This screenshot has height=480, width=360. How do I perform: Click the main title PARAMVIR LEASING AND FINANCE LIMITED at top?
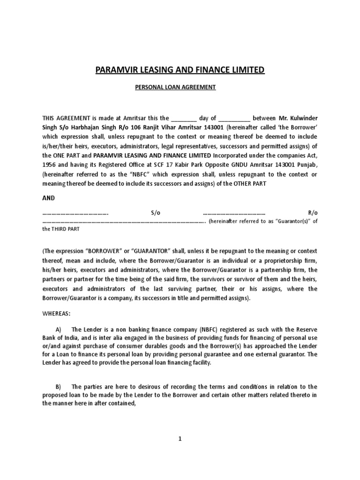(180, 70)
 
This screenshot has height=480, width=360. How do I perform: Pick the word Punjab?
(307, 165)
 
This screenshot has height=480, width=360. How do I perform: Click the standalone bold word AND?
(49, 198)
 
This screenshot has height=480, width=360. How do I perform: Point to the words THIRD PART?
(65, 229)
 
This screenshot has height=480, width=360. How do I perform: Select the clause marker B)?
(59, 386)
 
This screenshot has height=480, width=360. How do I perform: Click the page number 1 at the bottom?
(180, 439)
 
